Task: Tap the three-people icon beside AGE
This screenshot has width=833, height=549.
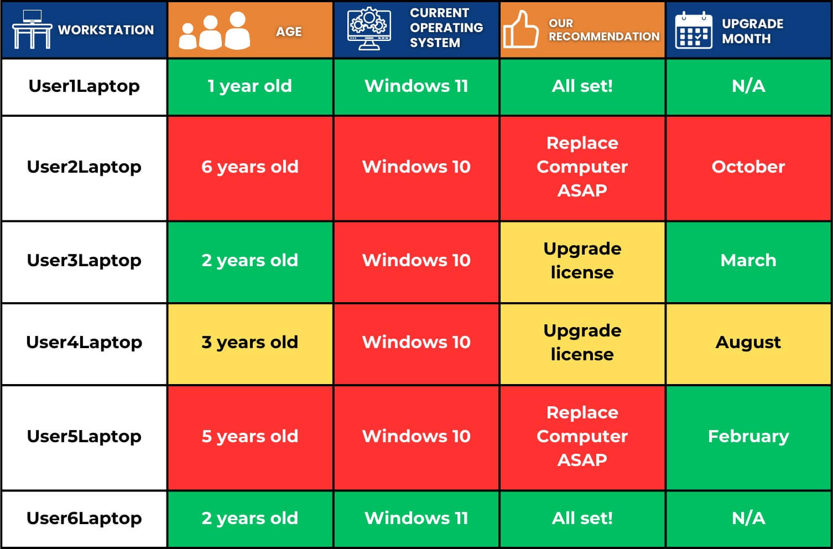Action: (x=215, y=30)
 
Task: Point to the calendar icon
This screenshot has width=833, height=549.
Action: (x=694, y=30)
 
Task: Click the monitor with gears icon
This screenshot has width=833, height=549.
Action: (x=369, y=28)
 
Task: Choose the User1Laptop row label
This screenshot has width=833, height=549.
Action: (x=84, y=86)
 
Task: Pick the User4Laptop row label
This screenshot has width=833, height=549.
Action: (x=84, y=343)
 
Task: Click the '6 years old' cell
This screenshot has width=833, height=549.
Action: (x=250, y=168)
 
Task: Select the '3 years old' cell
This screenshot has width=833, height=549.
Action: (x=250, y=343)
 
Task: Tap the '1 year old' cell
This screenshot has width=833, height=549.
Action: (x=250, y=86)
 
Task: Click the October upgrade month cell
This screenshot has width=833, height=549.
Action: (x=748, y=168)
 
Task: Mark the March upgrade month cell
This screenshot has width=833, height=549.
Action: (x=748, y=261)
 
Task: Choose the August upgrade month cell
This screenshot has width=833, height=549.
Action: (x=748, y=343)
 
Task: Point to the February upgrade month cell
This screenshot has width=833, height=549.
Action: (x=748, y=437)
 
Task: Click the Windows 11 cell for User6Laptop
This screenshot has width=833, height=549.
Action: (x=416, y=519)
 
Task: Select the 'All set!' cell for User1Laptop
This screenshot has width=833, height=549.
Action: (x=582, y=86)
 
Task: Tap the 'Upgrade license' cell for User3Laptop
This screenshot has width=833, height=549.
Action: (x=582, y=261)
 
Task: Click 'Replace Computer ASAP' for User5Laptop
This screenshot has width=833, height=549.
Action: (x=582, y=437)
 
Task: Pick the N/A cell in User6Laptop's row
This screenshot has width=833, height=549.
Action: (x=748, y=519)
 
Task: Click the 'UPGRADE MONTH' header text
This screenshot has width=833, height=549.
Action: (x=753, y=31)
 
